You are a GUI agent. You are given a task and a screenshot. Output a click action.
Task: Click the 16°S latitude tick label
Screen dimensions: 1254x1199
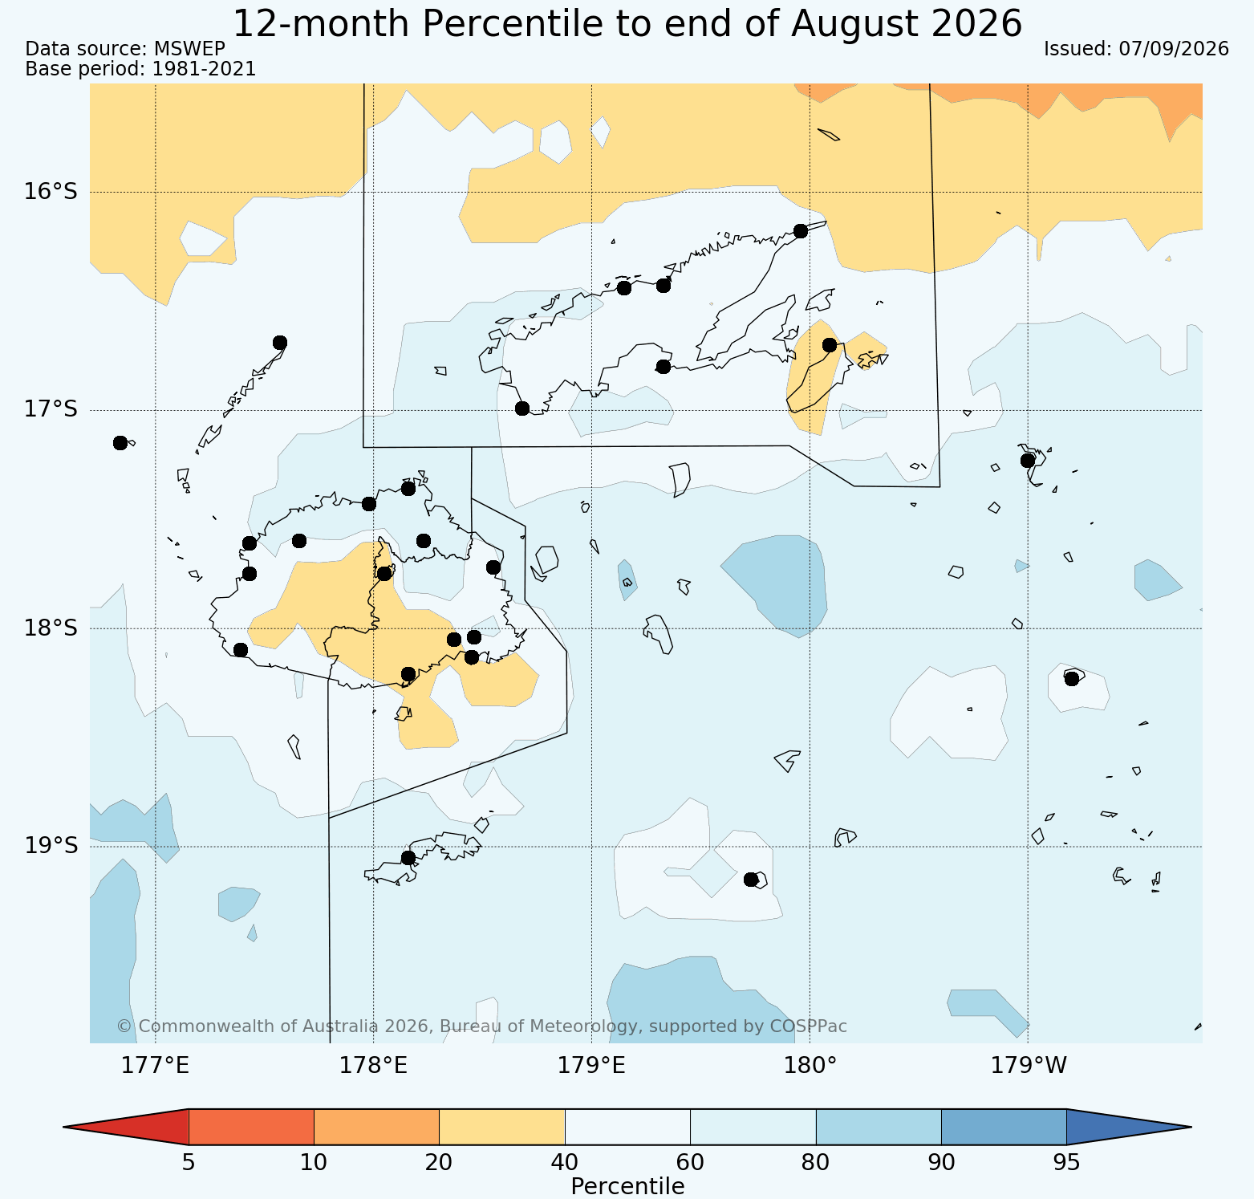(51, 192)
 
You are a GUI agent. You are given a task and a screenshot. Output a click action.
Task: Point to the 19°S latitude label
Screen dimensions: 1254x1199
(51, 846)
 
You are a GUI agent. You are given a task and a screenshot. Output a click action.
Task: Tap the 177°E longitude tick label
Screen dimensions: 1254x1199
(156, 1066)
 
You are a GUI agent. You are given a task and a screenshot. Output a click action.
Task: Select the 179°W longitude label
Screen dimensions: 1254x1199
(1029, 1066)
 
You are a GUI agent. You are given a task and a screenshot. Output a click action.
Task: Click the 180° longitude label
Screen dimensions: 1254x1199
(810, 1066)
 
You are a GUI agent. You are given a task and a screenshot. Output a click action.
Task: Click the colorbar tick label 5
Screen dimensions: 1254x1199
(189, 1163)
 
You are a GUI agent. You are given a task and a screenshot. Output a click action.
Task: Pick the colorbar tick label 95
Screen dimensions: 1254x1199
(1066, 1163)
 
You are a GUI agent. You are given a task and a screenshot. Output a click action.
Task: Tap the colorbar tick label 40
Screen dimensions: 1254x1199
(565, 1163)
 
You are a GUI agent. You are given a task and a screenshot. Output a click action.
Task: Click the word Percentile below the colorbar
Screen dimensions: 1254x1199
(627, 1186)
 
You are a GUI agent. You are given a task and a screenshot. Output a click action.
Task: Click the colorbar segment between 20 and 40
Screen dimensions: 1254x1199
(502, 1127)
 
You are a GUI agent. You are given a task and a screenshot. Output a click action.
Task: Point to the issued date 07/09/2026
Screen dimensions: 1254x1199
(1174, 49)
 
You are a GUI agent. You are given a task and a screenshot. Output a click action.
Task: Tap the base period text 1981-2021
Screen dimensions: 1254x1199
(205, 69)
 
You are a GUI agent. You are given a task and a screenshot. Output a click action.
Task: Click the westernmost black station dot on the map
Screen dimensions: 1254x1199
(120, 443)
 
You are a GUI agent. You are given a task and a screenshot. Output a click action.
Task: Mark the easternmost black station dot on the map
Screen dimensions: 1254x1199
(1071, 679)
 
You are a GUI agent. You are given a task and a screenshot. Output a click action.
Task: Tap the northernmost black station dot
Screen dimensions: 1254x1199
(800, 231)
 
